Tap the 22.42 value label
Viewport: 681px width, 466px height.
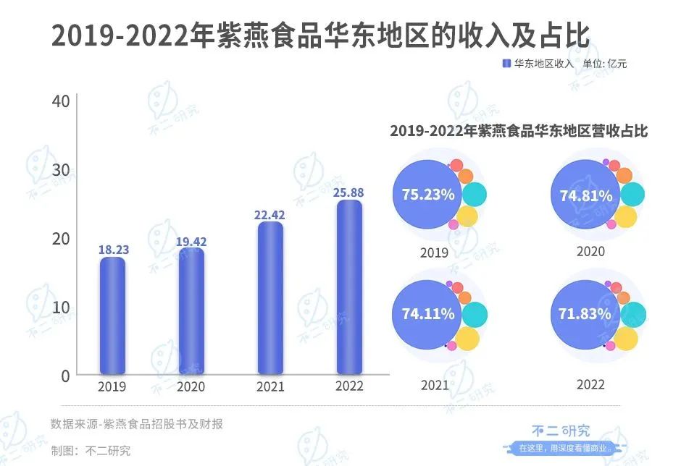pos(270,214)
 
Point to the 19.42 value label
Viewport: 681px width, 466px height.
pos(191,242)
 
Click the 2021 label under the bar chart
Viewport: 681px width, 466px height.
pos(270,386)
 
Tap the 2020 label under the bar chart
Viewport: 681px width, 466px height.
pos(191,386)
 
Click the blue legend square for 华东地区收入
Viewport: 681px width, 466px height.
pos(506,64)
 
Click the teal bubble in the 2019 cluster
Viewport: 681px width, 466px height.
pos(475,194)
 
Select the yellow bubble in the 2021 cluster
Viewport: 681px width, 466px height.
pos(467,337)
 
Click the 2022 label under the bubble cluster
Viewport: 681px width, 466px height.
pos(590,384)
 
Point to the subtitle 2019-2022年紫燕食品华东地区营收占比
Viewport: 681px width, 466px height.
pos(518,132)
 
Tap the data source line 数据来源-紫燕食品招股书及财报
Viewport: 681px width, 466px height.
pos(137,424)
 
